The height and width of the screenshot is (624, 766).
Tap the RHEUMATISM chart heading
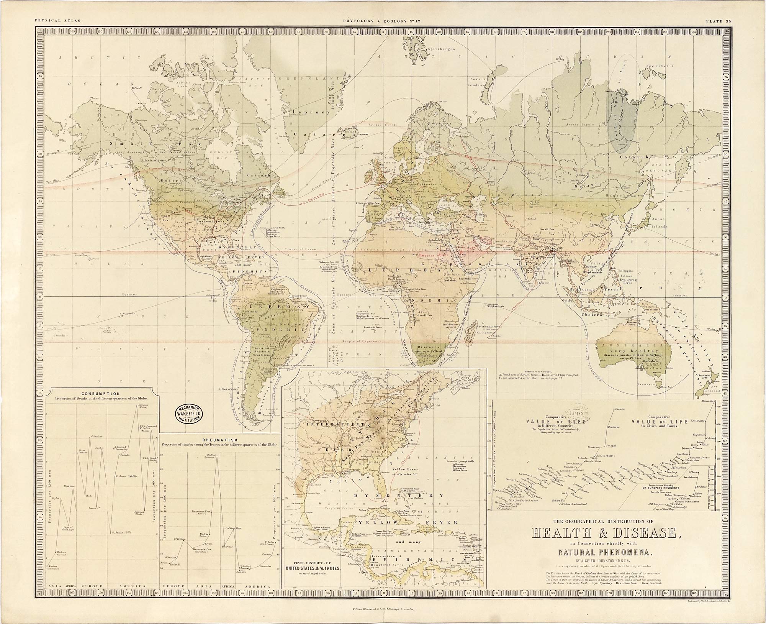coord(220,440)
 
